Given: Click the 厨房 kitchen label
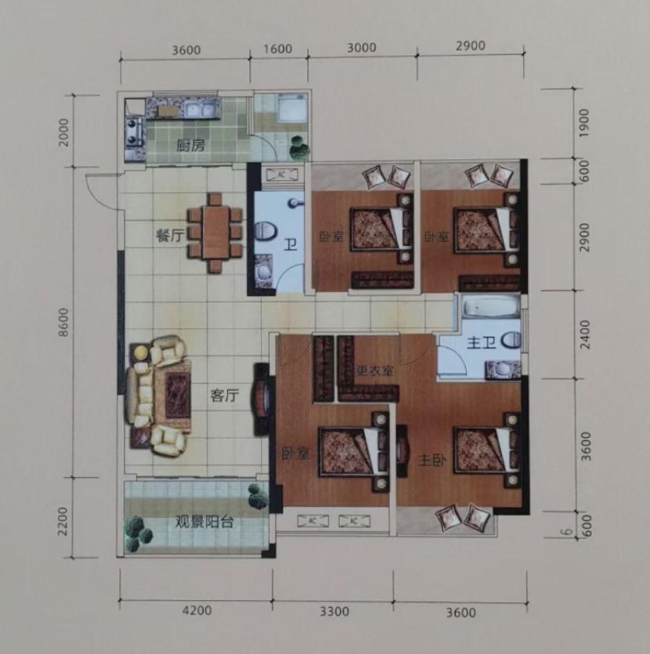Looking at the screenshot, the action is tap(191, 146).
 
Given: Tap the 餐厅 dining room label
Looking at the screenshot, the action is tap(170, 236).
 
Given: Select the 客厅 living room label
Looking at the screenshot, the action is tap(225, 396).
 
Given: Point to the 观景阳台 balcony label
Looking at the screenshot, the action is tap(204, 522).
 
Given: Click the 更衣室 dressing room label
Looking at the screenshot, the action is tap(375, 370).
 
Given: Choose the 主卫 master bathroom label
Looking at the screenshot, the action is tap(481, 343).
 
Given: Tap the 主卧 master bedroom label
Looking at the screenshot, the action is tap(432, 461).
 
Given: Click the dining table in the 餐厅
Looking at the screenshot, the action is tap(215, 232).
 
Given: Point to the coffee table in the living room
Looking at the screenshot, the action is tap(178, 395).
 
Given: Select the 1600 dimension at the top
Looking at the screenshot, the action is tap(278, 49).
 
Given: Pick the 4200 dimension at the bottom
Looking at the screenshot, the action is tap(197, 611).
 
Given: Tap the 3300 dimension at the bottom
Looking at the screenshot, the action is tap(334, 611).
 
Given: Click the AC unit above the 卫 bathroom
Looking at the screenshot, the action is tap(282, 175).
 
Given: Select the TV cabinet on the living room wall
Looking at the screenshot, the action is tap(261, 399).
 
